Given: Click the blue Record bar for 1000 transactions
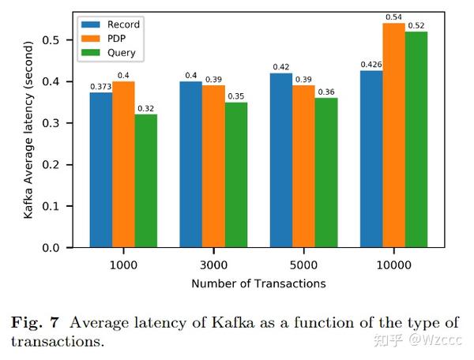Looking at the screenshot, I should pyautogui.click(x=101, y=170).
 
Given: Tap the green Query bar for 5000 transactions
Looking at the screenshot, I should pyautogui.click(x=325, y=173).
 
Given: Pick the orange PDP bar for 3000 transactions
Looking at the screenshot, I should pyautogui.click(x=213, y=167).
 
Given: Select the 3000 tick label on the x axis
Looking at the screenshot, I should pyautogui.click(x=213, y=265).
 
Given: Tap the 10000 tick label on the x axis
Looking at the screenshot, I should pyautogui.click(x=393, y=265).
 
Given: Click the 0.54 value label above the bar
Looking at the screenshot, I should pyautogui.click(x=393, y=17).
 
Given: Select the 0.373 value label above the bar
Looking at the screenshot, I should pyautogui.click(x=100, y=85).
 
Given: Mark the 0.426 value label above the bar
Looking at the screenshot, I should pyautogui.click(x=370, y=64).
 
